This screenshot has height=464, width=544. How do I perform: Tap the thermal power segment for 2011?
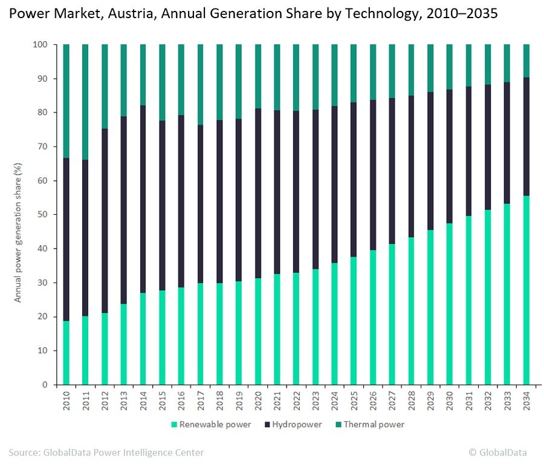pos(86,102)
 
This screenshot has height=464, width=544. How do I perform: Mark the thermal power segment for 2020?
pos(258,76)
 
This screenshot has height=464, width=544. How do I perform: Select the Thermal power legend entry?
pos(370,424)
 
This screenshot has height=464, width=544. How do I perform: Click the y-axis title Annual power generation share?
pos(19,232)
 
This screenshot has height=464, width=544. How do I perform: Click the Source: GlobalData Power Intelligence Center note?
pos(106,452)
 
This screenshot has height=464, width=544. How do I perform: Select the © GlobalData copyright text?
pos(498,452)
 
